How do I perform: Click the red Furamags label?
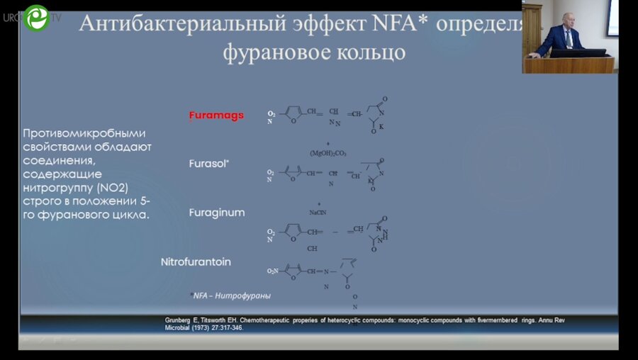tap(216, 116)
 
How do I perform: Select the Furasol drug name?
tap(208, 163)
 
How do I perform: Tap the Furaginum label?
tap(217, 212)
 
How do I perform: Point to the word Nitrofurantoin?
tap(196, 261)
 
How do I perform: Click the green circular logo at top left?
tap(35, 18)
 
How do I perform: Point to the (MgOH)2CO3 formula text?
tap(329, 154)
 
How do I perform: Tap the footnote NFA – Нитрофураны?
tap(231, 296)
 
